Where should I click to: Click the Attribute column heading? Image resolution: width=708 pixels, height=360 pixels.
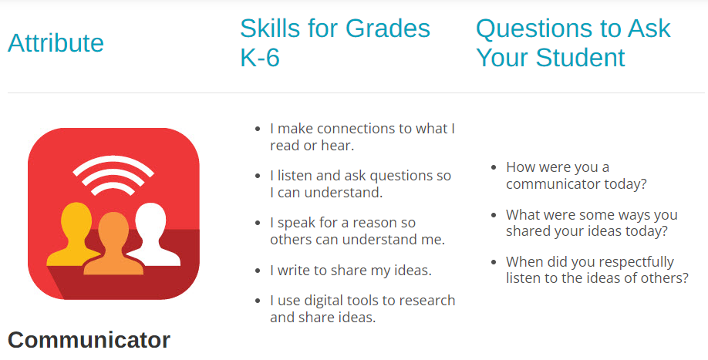(56, 43)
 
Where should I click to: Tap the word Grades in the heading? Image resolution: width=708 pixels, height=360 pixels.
(388, 29)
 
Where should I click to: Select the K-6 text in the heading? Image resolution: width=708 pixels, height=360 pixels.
(260, 57)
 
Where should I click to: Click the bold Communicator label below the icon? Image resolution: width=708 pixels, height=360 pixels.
(89, 340)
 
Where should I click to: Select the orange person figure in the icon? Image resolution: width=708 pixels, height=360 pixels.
(113, 244)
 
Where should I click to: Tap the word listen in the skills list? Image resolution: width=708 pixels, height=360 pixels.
(295, 176)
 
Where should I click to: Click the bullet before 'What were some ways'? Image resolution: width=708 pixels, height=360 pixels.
(494, 215)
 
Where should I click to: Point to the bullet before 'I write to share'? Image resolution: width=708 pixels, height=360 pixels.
(258, 271)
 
